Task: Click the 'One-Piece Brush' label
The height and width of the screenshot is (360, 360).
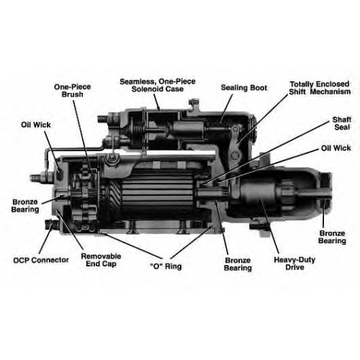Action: (x=72, y=91)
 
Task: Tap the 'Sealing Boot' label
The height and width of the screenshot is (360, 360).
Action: (x=244, y=88)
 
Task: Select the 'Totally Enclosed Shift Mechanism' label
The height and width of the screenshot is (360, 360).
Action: (x=320, y=88)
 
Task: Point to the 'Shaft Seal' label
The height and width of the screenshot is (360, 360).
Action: (x=342, y=123)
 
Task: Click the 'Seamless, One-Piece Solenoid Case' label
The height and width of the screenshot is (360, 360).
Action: (x=158, y=85)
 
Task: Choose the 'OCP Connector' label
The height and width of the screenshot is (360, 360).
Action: (x=41, y=260)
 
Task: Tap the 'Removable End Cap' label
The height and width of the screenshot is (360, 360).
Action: (x=101, y=260)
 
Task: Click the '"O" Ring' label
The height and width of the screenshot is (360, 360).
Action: (x=166, y=266)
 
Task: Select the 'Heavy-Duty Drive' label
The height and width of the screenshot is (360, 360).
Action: (x=294, y=264)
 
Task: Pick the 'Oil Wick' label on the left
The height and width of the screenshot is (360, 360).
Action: (x=36, y=125)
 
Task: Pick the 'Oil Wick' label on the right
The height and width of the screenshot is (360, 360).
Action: (x=336, y=148)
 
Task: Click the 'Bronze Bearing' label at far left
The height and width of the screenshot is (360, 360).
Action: (x=25, y=206)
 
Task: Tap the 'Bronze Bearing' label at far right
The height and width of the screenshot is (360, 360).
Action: (x=332, y=237)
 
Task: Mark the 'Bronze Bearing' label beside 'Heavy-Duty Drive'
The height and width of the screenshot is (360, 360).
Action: (x=238, y=264)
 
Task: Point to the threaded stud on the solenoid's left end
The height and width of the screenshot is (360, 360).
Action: (x=103, y=119)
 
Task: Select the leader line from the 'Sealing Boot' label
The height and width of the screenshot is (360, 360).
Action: (x=227, y=108)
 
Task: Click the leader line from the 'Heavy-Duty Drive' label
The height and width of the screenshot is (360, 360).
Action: (x=270, y=226)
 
